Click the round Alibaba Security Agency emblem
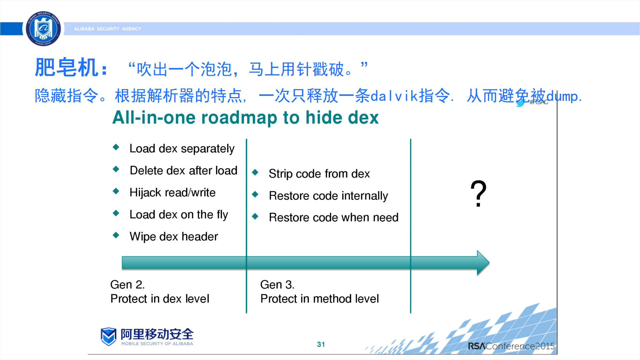(x=43, y=29)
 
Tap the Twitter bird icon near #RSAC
(x=520, y=103)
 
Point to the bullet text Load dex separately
(x=182, y=148)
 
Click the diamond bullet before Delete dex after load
(x=116, y=169)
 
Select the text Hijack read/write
(x=172, y=193)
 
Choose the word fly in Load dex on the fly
(x=222, y=215)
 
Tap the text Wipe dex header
(x=173, y=237)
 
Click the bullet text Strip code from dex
(x=319, y=174)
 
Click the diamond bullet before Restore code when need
(x=255, y=216)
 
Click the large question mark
(x=478, y=194)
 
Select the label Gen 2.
(x=127, y=285)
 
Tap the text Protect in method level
(x=319, y=299)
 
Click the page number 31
(x=321, y=344)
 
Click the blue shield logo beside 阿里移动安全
(x=108, y=336)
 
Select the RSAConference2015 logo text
(x=511, y=346)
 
